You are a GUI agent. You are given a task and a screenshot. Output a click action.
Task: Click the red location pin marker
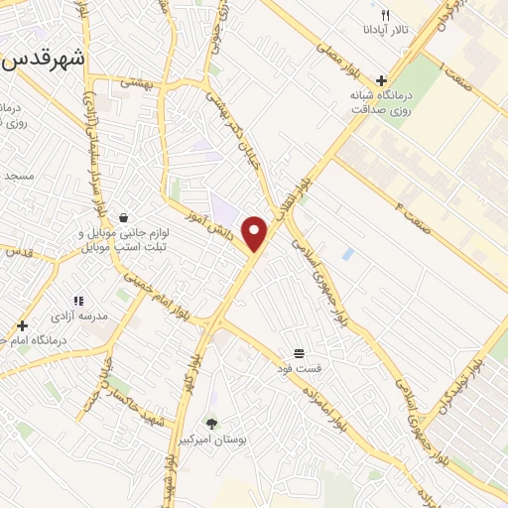tap(256, 232)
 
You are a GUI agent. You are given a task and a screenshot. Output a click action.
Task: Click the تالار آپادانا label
tap(379, 31)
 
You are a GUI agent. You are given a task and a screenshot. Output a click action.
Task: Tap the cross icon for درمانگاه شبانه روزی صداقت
tap(382, 81)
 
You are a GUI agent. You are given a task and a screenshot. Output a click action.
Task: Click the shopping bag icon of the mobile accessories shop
tap(122, 217)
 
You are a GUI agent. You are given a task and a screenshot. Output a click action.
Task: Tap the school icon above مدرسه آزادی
tap(78, 301)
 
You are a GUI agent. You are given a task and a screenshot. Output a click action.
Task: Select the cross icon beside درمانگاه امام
tap(22, 325)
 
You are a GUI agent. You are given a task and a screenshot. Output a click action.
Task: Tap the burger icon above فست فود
tap(299, 354)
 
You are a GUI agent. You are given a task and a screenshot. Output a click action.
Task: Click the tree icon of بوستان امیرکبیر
tap(211, 424)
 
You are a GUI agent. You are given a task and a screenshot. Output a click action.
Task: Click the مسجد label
tap(18, 176)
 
